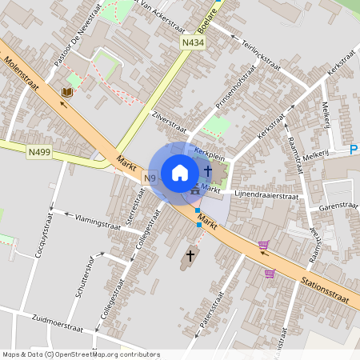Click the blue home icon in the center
pyautogui.click(x=180, y=172)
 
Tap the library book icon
pyautogui.click(x=66, y=93)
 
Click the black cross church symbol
pyautogui.click(x=190, y=256)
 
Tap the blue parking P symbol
pyautogui.click(x=354, y=150)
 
